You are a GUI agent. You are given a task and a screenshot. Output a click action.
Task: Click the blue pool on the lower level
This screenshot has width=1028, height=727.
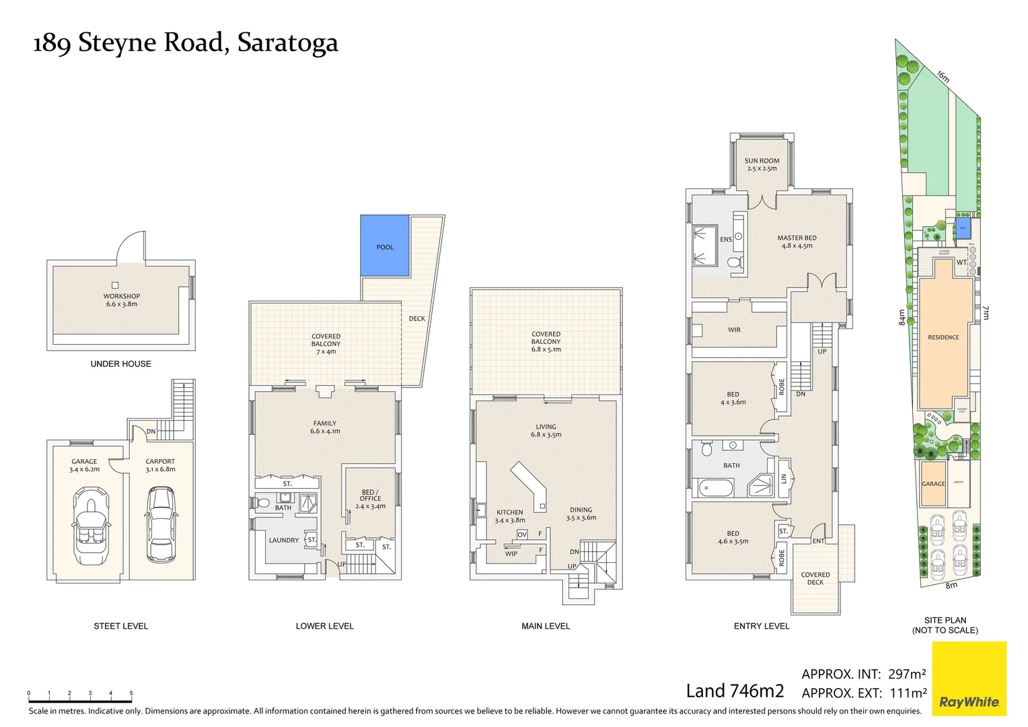click(385, 246)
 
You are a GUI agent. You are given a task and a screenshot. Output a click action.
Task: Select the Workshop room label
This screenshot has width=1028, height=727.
click(122, 296)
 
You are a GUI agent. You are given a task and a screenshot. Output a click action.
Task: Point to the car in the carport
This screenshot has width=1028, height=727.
click(161, 523)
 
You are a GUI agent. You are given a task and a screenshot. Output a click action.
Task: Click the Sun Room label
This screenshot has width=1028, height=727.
click(762, 161)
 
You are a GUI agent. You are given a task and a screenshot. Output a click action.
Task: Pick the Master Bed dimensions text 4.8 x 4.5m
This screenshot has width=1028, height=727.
click(797, 246)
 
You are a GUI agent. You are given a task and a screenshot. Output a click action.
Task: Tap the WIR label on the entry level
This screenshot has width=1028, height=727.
click(734, 330)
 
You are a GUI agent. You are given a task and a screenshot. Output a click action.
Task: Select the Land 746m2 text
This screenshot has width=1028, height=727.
click(735, 691)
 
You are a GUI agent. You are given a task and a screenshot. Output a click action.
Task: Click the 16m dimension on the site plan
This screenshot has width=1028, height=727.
click(943, 77)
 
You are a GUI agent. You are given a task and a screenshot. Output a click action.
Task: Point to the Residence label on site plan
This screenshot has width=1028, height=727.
click(943, 337)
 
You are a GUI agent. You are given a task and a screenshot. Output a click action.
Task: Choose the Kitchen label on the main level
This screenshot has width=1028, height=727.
click(510, 512)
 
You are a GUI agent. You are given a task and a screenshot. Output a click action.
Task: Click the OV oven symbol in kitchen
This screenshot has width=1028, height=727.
click(522, 534)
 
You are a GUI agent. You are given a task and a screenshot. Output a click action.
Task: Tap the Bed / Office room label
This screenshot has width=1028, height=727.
click(370, 495)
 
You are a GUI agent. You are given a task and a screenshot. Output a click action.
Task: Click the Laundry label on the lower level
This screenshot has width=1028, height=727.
click(283, 540)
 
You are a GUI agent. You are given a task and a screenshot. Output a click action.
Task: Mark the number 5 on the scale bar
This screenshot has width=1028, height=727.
click(131, 693)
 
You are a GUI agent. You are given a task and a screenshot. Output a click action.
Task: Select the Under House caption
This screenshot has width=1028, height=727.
click(121, 363)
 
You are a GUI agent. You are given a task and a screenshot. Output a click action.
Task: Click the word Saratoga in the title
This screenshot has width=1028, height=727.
click(287, 43)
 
